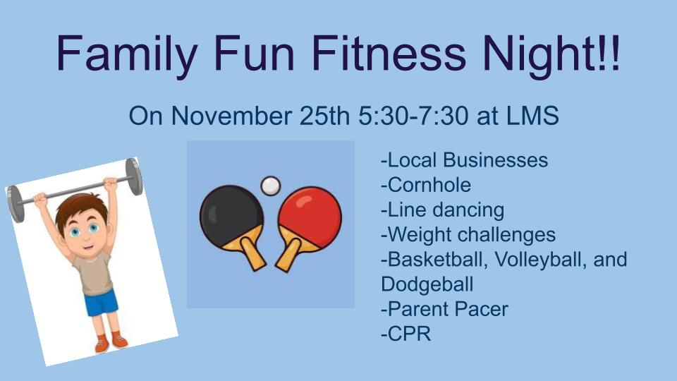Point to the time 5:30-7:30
click(413, 116)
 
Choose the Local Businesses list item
click(465, 160)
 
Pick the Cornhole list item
click(426, 185)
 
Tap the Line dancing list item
click(443, 210)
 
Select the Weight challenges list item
click(468, 235)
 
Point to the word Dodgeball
click(427, 284)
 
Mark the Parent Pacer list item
click(444, 309)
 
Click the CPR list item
click(406, 334)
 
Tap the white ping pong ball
click(271, 186)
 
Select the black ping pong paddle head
click(231, 217)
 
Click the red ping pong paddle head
click(310, 218)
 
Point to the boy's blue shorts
click(102, 303)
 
